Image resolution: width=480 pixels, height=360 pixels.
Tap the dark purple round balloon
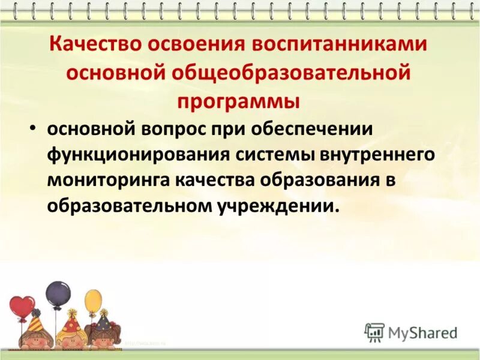point(58,293)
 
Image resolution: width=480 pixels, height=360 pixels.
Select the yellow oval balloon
point(93,301)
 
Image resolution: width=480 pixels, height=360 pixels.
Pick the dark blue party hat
point(104,321)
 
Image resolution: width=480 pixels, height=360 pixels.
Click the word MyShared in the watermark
point(423,332)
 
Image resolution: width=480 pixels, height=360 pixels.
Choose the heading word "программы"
point(238,100)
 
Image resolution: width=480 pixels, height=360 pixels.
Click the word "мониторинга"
point(109,181)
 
